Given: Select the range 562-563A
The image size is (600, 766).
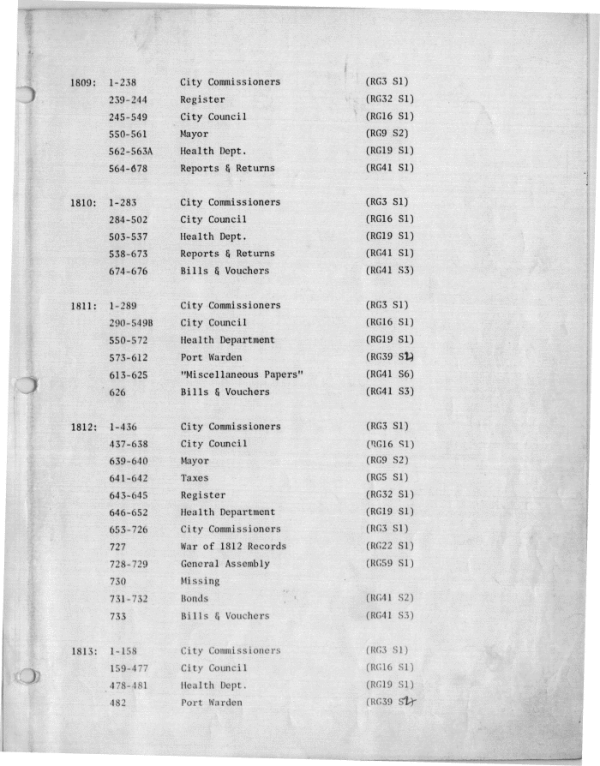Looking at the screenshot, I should tap(130, 152).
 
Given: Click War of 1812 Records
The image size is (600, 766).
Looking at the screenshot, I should tap(233, 547).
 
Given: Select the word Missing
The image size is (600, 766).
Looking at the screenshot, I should tap(200, 581).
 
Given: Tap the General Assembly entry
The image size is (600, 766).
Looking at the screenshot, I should tap(225, 564).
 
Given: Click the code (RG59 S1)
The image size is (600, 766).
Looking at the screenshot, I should tap(390, 564).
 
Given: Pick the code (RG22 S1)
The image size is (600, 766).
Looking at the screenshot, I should tap(390, 547).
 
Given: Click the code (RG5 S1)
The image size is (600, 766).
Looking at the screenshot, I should tap(387, 478).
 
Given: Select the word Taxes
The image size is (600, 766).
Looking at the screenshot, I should tap(195, 478).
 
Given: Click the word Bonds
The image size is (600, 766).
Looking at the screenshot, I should tap(195, 598).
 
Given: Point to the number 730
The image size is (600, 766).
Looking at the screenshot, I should tap(118, 581).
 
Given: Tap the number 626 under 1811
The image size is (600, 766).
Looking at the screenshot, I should tap(118, 392).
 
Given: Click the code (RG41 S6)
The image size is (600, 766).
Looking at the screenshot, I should tap(390, 374).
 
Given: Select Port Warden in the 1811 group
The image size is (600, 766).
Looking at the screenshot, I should tap(211, 357).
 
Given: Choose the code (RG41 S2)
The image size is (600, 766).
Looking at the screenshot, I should tap(390, 598).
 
